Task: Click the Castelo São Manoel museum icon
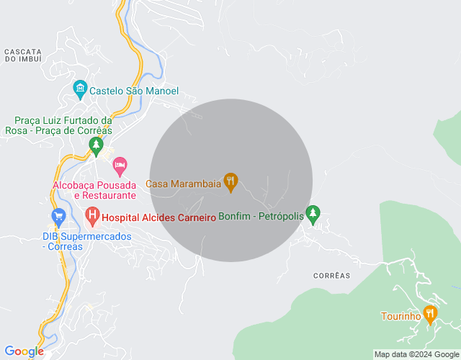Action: pos(80,91)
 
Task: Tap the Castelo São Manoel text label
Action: pos(133,91)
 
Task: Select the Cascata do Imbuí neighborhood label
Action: pos(23,55)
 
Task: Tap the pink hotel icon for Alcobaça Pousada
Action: pos(120,166)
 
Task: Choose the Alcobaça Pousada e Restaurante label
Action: pos(94,190)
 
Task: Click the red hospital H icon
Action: pos(92,215)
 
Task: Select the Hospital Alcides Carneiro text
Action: pos(159,217)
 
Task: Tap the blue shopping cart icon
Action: pos(58,215)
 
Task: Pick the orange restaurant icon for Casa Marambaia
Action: pos(230,182)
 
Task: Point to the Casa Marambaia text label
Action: pos(184,184)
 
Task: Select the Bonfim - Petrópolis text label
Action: pos(260,217)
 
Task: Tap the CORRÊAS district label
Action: pos(332,276)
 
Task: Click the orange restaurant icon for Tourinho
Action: pos(430,314)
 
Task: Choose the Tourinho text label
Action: pos(400,316)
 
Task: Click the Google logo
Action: pos(24,351)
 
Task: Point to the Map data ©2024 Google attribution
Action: pos(416,354)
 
